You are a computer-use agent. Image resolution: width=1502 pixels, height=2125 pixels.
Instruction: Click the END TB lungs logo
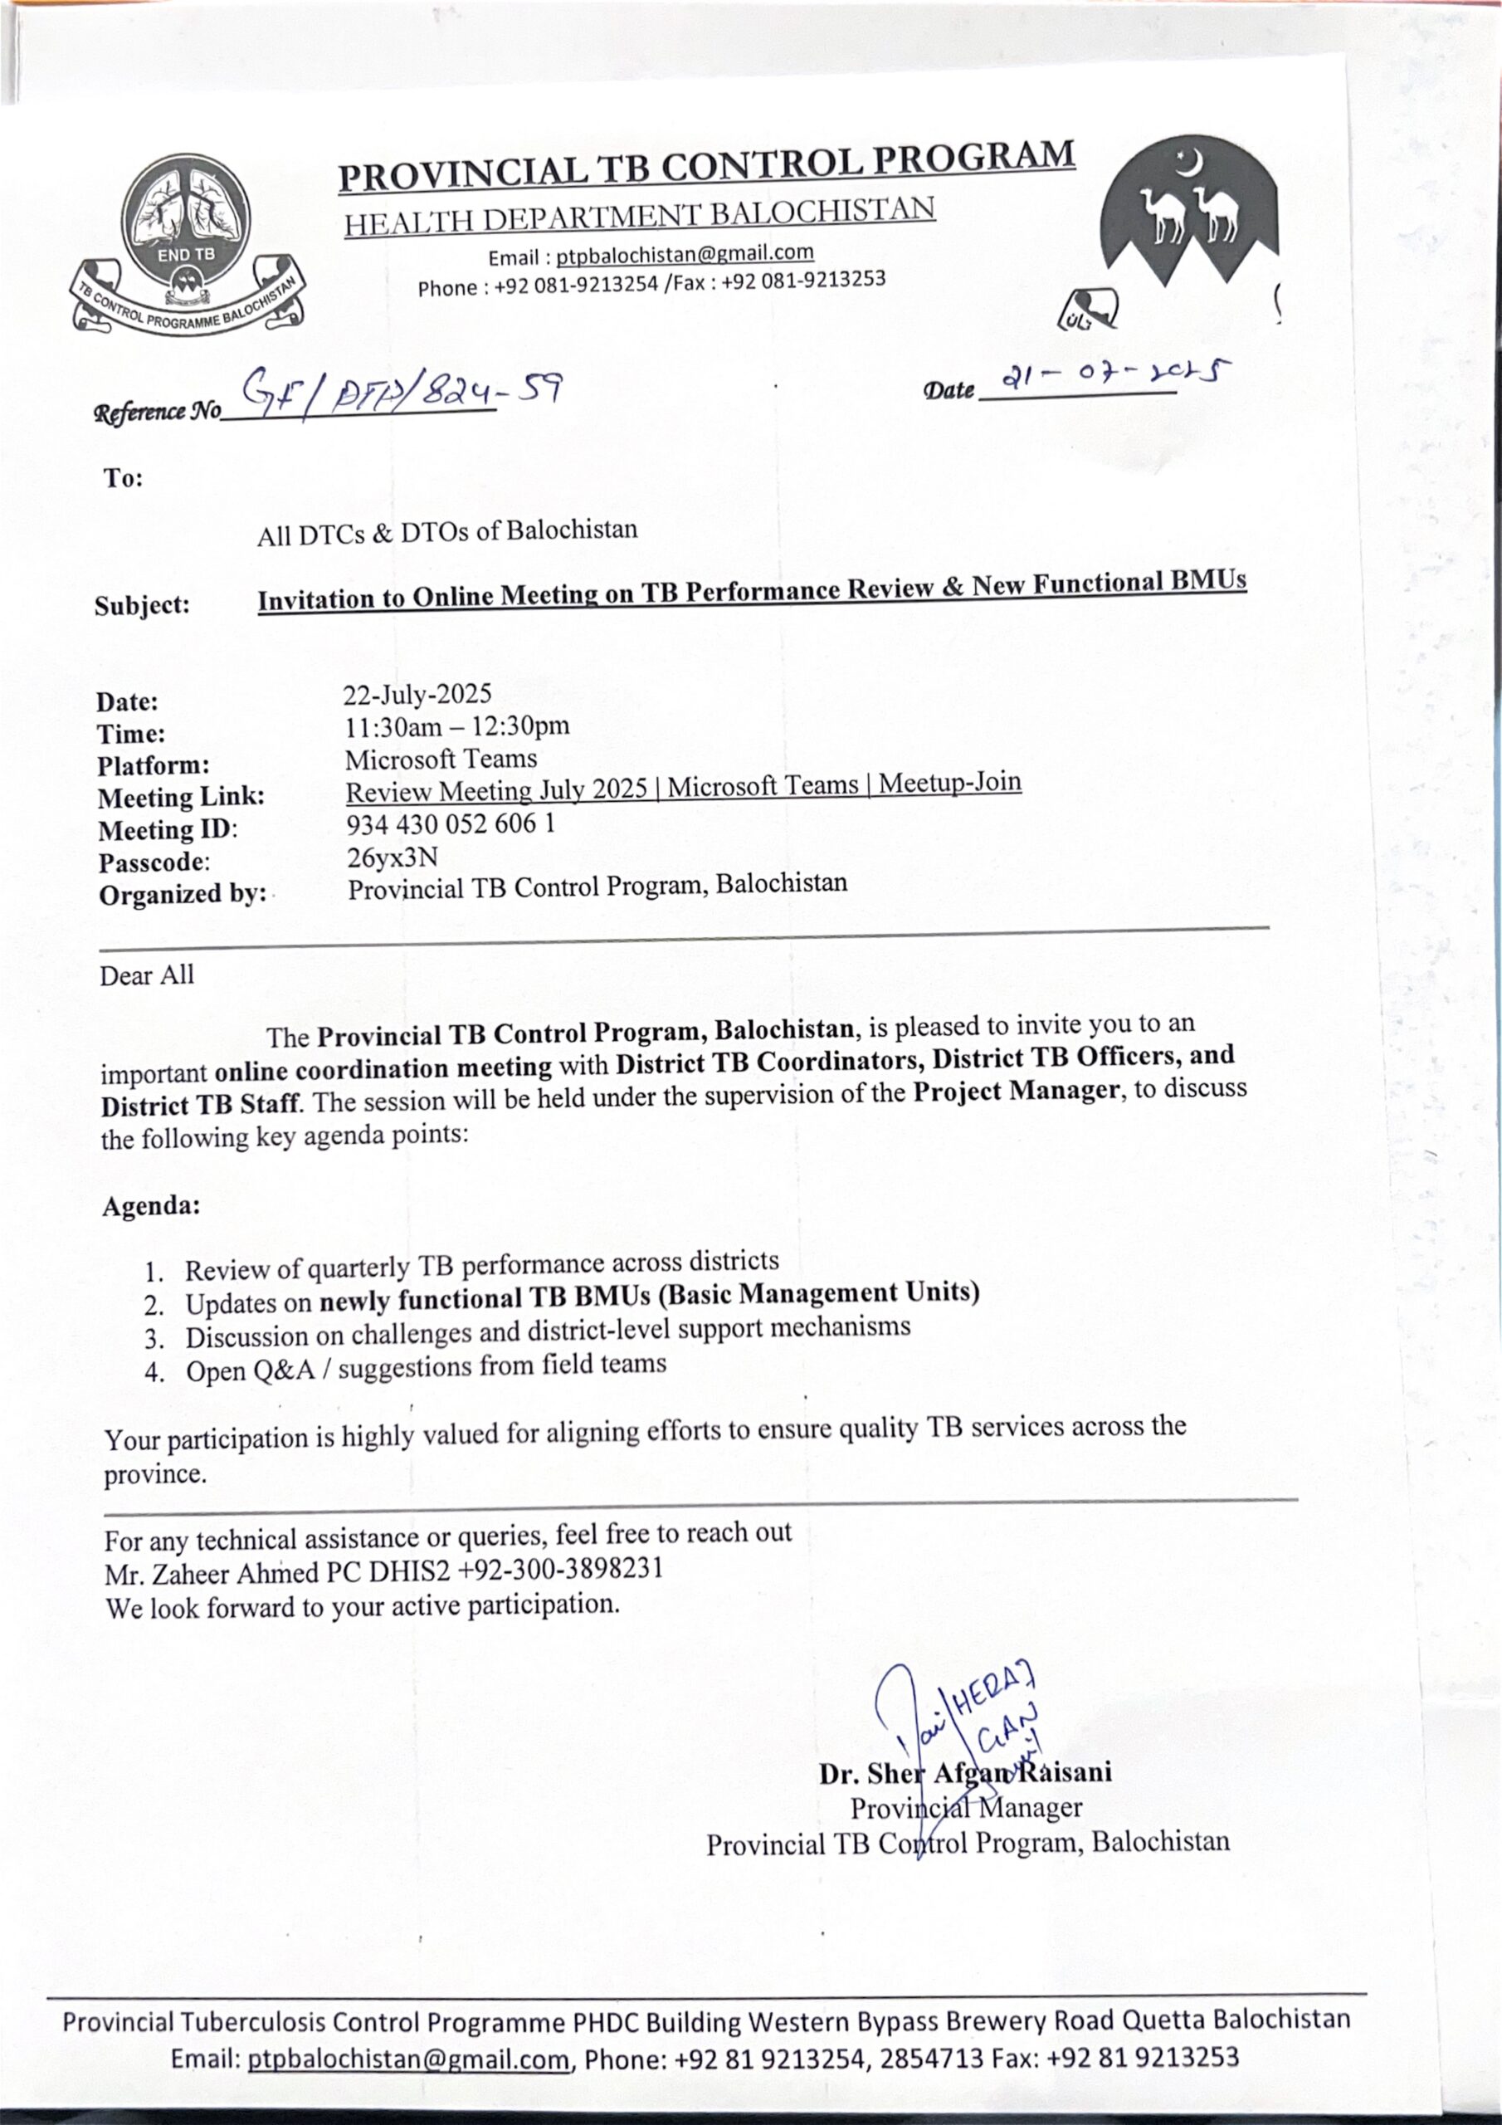pos(188,243)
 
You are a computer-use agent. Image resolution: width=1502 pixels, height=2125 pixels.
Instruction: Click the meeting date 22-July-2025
pos(417,694)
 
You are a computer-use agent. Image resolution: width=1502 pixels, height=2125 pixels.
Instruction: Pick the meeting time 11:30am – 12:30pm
pos(457,726)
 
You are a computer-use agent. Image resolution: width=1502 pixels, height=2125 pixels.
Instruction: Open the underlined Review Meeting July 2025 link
pos(683,788)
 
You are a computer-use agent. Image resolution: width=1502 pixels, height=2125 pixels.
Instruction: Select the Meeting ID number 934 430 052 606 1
pos(451,823)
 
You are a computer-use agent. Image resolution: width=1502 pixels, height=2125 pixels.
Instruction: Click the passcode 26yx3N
pos(392,857)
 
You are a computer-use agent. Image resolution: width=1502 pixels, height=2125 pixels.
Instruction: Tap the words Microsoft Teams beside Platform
pos(441,759)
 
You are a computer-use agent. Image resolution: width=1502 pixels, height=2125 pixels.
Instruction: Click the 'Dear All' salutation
pos(147,975)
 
